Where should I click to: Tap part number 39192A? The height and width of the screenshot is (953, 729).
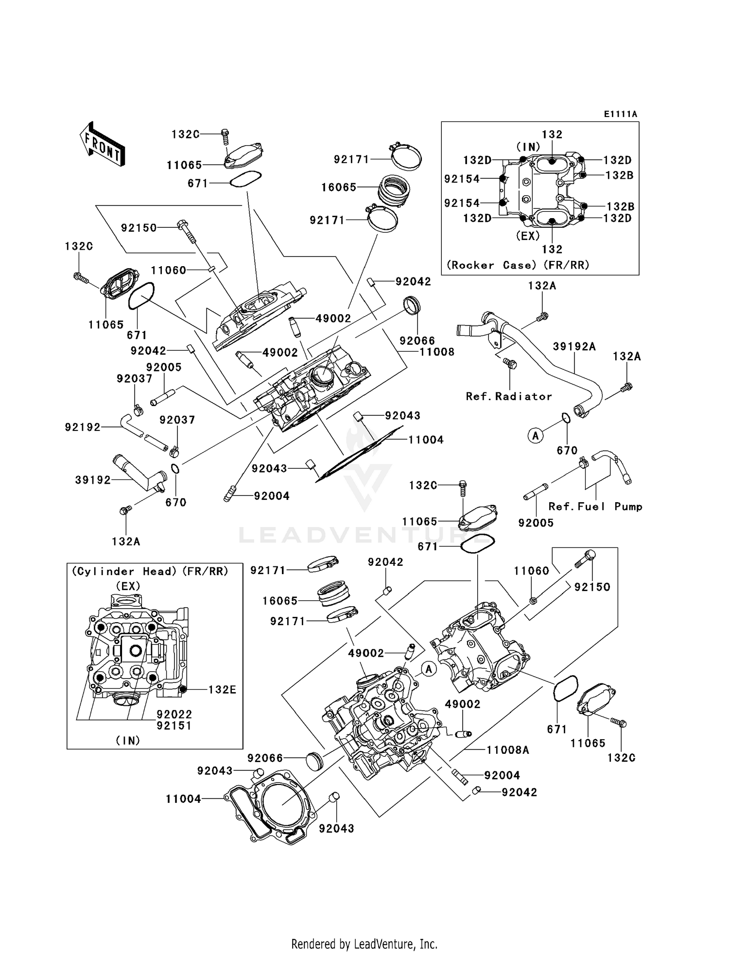pyautogui.click(x=574, y=346)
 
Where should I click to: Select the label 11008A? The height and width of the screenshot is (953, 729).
pyautogui.click(x=508, y=750)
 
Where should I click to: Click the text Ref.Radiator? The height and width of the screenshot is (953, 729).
pyautogui.click(x=509, y=396)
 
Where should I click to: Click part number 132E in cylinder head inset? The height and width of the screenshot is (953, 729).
pyautogui.click(x=222, y=690)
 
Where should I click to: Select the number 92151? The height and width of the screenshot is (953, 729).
pyautogui.click(x=174, y=726)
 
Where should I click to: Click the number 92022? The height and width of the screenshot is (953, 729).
pyautogui.click(x=174, y=715)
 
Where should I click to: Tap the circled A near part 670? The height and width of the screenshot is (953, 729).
pyautogui.click(x=536, y=436)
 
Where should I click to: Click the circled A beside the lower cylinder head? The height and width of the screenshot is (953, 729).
pyautogui.click(x=428, y=669)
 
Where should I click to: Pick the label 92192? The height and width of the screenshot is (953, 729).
pyautogui.click(x=83, y=427)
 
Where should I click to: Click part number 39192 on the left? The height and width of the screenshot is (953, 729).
pyautogui.click(x=93, y=480)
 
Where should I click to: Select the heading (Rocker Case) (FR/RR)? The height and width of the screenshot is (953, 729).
pyautogui.click(x=518, y=265)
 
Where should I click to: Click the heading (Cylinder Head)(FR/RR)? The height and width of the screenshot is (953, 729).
pyautogui.click(x=150, y=571)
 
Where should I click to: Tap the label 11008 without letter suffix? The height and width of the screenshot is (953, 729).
pyautogui.click(x=437, y=352)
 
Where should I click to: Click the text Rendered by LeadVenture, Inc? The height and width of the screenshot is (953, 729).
pyautogui.click(x=364, y=944)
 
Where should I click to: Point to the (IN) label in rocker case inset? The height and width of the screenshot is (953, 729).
pyautogui.click(x=528, y=146)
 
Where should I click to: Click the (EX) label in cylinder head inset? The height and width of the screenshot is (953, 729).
pyautogui.click(x=128, y=586)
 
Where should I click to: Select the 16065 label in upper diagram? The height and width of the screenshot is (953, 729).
pyautogui.click(x=339, y=187)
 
